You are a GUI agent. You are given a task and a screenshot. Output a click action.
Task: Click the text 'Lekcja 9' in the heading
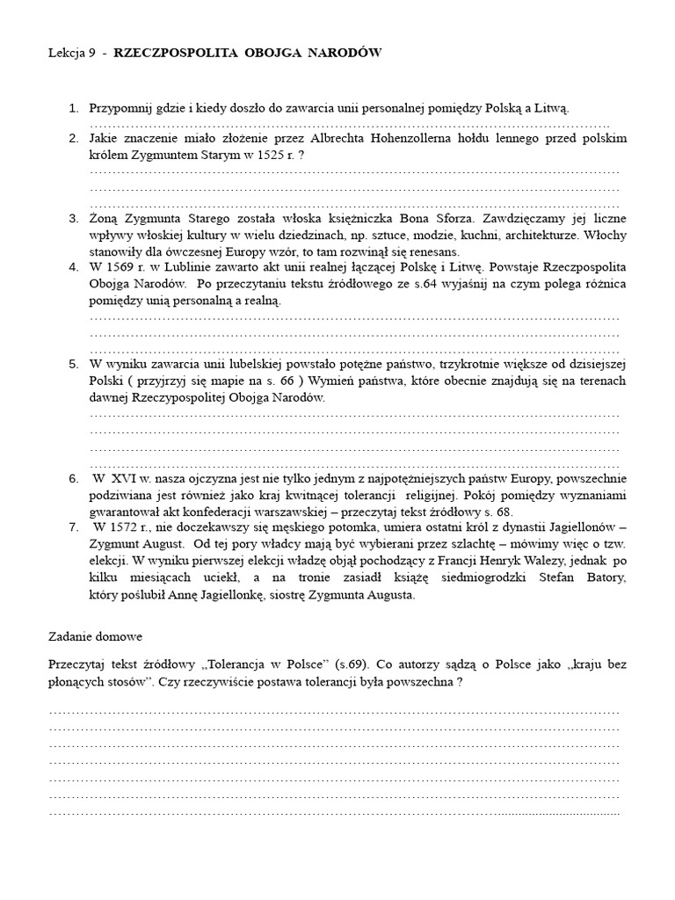[x=72, y=54]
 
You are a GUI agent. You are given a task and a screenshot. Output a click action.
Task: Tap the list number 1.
[x=73, y=108]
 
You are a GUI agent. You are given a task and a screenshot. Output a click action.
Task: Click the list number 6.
[x=73, y=478]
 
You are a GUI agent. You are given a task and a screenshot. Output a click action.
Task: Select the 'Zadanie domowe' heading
[x=95, y=635]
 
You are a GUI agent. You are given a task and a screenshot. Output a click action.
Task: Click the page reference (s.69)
[x=334, y=664]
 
